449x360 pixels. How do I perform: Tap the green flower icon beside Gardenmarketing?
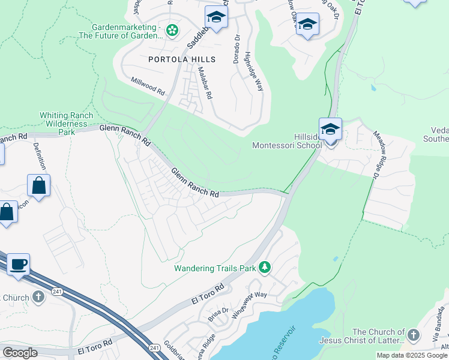(172, 30)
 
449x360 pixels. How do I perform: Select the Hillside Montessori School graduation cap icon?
(330, 130)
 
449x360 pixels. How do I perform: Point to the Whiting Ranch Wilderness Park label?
(66, 123)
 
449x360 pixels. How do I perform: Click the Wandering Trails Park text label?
(214, 268)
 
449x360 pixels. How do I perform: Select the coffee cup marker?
(18, 264)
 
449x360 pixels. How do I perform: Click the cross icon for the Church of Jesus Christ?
(413, 335)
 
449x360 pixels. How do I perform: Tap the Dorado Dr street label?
(237, 48)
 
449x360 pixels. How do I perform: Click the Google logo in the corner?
(20, 353)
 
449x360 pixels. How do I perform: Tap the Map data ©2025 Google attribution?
(411, 355)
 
